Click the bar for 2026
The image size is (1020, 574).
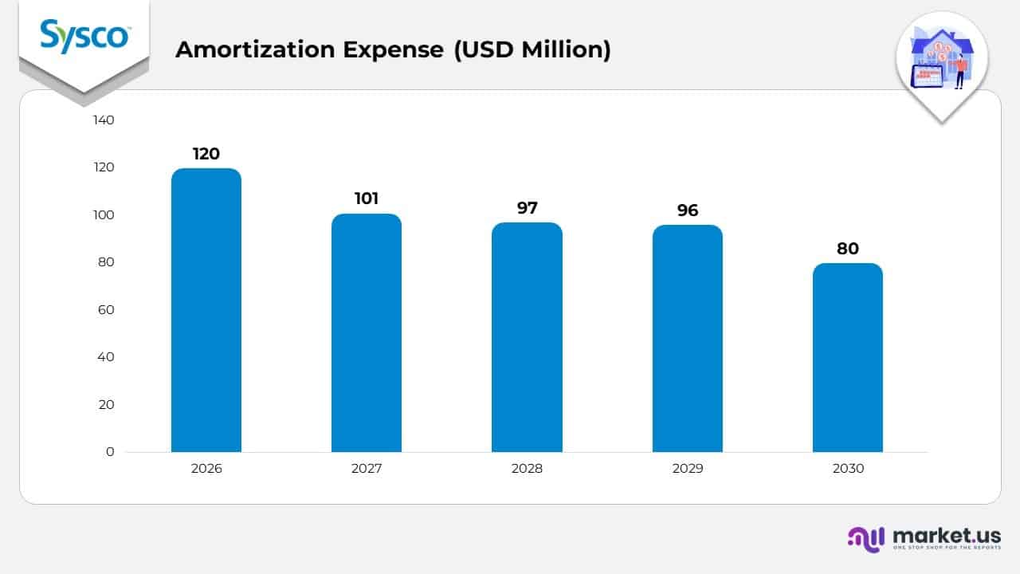206,310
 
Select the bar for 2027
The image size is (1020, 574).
367,332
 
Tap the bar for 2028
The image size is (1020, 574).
527,337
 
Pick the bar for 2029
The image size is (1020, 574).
687,339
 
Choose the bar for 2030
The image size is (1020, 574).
847,357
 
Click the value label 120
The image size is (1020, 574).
206,154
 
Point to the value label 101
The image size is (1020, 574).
367,199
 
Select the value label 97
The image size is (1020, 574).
527,208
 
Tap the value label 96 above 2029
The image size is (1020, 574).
687,210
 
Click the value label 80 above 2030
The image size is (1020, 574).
847,249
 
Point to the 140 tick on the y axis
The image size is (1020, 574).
104,120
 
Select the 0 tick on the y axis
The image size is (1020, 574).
110,452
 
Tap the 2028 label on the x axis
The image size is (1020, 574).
527,469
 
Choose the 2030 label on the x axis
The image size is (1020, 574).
847,469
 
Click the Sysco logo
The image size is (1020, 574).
84,37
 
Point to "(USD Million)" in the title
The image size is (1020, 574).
532,49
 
